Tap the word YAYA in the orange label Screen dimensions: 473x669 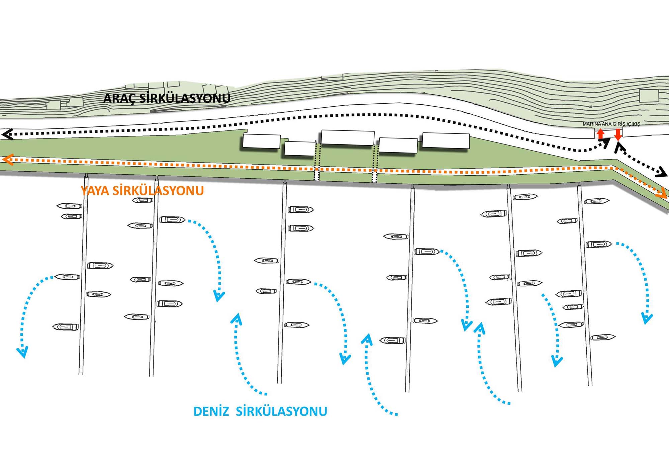(x=95, y=191)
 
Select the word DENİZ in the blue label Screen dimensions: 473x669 (x=211, y=411)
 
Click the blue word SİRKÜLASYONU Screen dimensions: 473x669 (x=281, y=411)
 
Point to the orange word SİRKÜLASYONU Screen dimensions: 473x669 (x=158, y=191)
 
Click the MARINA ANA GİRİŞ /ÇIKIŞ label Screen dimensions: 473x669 (x=611, y=124)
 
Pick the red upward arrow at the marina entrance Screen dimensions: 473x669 (x=601, y=134)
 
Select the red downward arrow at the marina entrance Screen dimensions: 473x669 (x=618, y=134)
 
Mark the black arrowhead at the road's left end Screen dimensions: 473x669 (x=7, y=134)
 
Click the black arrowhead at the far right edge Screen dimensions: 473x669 (x=662, y=173)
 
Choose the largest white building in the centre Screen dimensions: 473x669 (x=348, y=137)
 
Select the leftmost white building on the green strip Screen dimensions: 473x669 (x=261, y=141)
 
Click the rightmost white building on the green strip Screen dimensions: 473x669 (x=446, y=140)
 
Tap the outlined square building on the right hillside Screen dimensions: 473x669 (x=649, y=96)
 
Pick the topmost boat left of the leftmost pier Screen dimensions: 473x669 (x=69, y=206)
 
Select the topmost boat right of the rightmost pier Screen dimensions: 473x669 (x=597, y=201)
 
